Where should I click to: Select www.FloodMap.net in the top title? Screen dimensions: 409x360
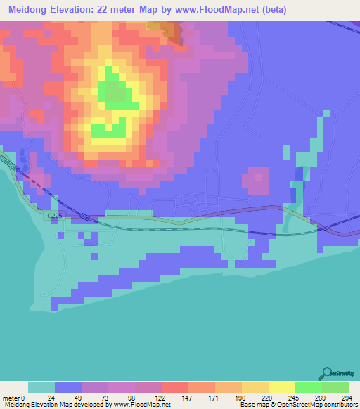tap(229, 9)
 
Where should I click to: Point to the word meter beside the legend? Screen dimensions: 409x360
tap(11, 397)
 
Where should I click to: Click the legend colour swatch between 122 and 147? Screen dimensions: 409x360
tap(175, 387)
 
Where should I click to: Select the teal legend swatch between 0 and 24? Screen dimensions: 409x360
tap(41, 387)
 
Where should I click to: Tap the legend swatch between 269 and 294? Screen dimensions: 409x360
tap(335, 387)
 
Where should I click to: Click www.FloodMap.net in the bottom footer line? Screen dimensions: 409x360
tap(141, 405)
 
